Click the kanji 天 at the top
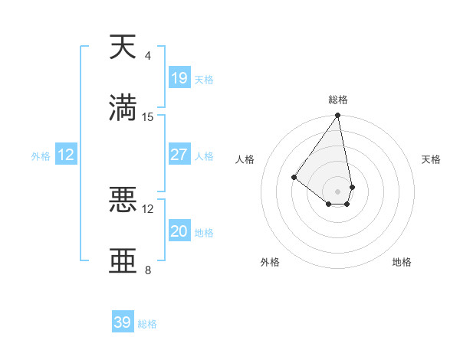point(123,47)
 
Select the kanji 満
point(123,108)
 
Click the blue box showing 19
point(179,78)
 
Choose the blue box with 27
point(179,155)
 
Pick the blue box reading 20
point(179,231)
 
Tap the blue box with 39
point(123,322)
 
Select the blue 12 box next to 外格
point(66,155)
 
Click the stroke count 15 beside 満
point(148,117)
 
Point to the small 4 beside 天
point(148,56)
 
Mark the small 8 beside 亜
point(148,270)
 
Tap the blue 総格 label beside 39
point(147,324)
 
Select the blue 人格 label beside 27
point(204,156)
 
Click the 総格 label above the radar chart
point(338,100)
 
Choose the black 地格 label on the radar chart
point(402,262)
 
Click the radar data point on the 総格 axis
point(337,116)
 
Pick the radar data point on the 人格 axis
point(294,177)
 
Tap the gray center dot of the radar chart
point(337,191)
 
